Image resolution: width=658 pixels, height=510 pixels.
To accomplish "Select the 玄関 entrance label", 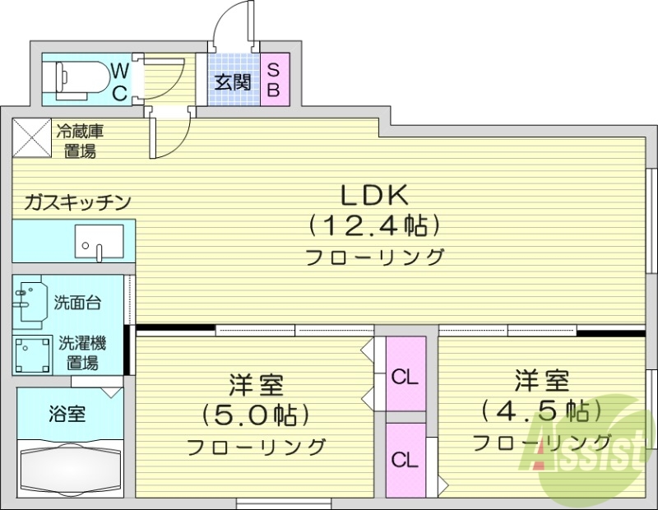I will (x=232, y=81).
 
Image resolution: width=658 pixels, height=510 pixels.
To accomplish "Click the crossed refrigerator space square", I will (x=30, y=137).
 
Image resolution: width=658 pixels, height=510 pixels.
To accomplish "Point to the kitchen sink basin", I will (x=98, y=242).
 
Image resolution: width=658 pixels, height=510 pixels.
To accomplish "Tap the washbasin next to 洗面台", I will (x=30, y=301).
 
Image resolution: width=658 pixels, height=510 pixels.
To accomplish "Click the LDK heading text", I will (x=375, y=195).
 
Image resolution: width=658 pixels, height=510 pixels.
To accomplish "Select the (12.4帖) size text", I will (x=373, y=225).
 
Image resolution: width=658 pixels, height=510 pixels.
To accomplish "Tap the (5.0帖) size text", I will (x=256, y=414).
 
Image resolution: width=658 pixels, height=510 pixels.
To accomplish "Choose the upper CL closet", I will (x=405, y=377).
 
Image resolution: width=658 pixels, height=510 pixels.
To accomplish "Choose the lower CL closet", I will (x=405, y=459).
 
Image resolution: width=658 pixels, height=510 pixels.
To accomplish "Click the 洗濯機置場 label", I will (x=82, y=353).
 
